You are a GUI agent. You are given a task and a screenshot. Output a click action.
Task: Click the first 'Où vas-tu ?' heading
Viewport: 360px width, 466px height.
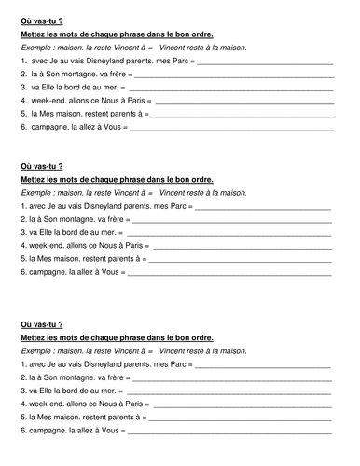[x=38, y=12]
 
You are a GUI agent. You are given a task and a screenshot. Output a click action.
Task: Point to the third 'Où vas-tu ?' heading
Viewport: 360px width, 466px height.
[x=38, y=326]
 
